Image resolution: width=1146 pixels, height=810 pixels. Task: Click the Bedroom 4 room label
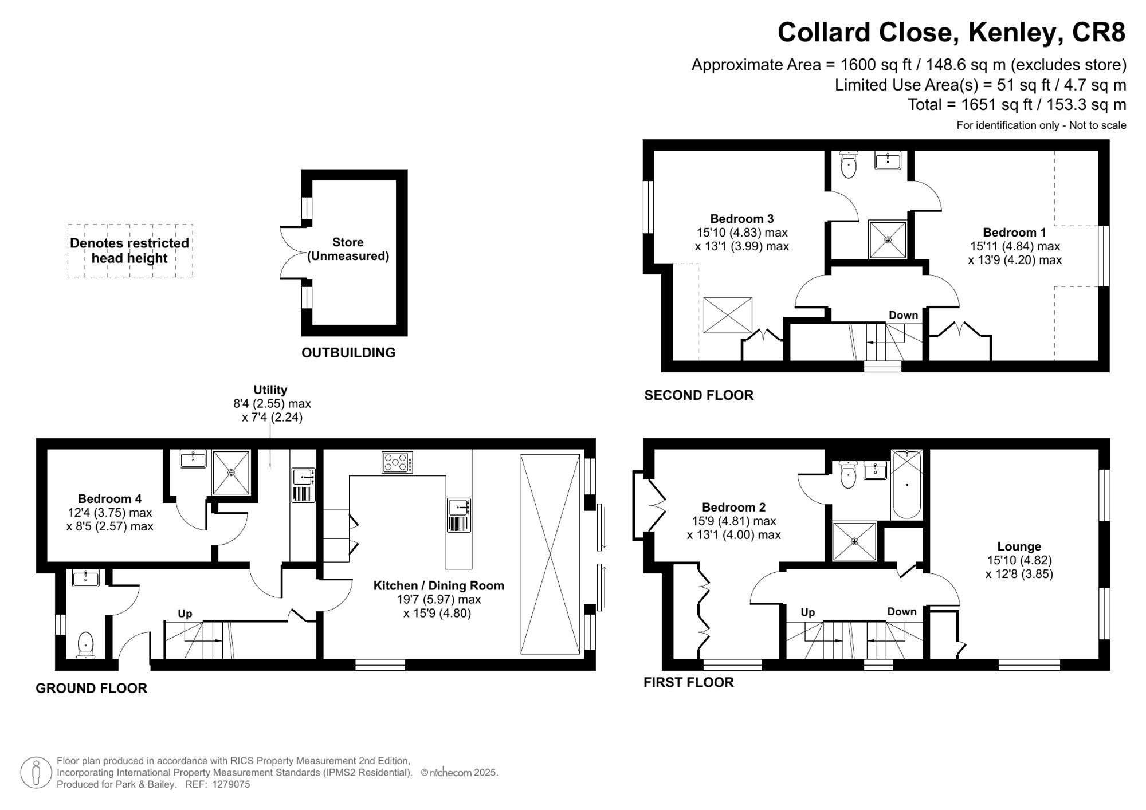(109, 498)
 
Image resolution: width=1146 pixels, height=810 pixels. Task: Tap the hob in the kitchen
(397, 462)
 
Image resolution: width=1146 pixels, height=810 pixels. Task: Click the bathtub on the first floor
(906, 484)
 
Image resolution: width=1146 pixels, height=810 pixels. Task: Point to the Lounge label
(1019, 546)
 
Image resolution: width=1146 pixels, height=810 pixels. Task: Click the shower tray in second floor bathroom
(888, 239)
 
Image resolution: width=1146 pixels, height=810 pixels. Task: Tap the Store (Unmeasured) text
(348, 249)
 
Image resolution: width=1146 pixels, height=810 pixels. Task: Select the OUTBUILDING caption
(348, 353)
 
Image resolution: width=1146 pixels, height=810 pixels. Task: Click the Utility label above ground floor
(270, 390)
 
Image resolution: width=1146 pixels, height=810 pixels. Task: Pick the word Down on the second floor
(903, 315)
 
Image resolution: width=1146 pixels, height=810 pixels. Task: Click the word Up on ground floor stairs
(185, 614)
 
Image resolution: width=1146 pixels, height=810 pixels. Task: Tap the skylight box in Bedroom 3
(728, 315)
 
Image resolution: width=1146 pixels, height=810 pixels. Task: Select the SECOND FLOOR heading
(698, 395)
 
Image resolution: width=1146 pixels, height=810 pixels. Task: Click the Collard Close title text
(951, 33)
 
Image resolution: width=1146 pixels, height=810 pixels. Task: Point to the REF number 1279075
(231, 784)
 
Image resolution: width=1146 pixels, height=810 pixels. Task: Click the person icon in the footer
(36, 773)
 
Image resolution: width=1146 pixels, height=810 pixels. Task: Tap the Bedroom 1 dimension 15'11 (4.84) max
(1015, 246)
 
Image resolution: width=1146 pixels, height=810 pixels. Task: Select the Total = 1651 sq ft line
(1017, 105)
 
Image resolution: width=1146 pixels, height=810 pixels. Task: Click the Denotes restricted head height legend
(129, 251)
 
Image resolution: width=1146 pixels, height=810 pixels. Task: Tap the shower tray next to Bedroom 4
(231, 473)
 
